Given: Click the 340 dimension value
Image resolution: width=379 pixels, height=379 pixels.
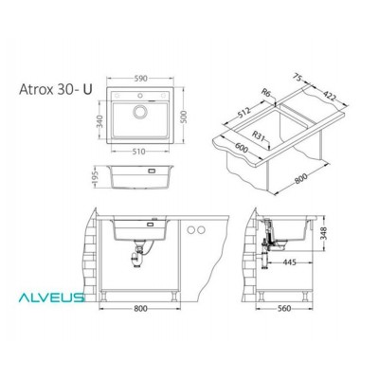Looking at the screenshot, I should (x=98, y=122).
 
